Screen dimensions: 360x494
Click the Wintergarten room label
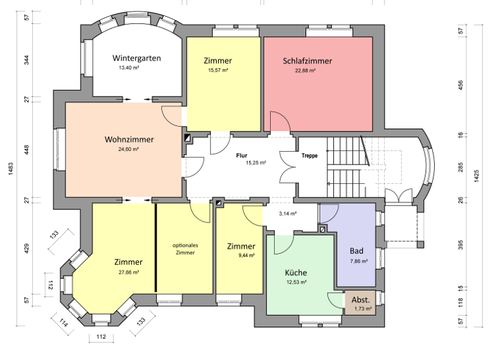[x=136, y=58]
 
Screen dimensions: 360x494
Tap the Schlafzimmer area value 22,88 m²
[x=305, y=71]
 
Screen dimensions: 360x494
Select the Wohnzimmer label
[x=129, y=139]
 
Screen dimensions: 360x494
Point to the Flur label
[x=241, y=155]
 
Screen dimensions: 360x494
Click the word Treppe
[x=310, y=156]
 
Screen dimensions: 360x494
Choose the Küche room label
[x=296, y=273]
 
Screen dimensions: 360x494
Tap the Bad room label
[x=357, y=251]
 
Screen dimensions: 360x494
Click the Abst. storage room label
[x=360, y=300]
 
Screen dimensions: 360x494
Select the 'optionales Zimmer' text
[x=185, y=249]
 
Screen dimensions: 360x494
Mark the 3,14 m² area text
[x=288, y=213]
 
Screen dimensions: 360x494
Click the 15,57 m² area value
[x=218, y=71]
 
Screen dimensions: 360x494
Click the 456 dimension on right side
[x=461, y=85]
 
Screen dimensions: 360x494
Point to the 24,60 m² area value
[x=129, y=149]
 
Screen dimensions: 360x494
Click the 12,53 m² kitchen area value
[x=296, y=282]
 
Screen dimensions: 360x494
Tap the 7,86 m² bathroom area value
[x=359, y=261]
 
